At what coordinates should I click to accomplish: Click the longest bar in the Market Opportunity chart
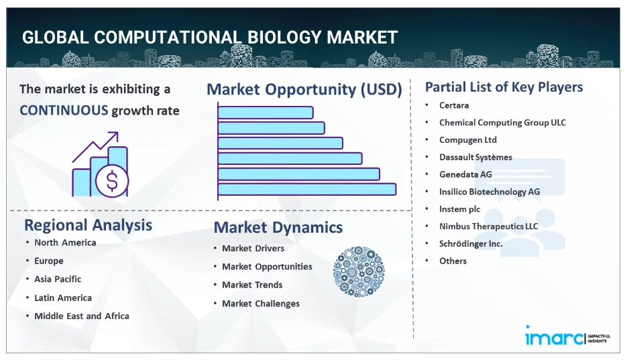coord(307,190)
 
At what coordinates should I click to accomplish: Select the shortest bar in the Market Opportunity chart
coord(266,113)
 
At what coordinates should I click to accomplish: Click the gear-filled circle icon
coord(359,272)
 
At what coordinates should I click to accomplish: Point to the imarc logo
coord(567,336)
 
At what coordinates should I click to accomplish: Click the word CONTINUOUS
coord(64,110)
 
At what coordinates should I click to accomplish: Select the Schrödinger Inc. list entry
coord(471,244)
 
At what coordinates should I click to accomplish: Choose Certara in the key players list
coord(454,105)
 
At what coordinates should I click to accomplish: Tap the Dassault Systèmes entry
coord(475,158)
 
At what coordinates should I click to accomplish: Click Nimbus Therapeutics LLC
coord(489,227)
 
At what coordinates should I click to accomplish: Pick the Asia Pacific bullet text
coord(58,280)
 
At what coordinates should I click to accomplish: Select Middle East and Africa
coord(82,316)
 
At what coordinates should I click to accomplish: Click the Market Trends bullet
coord(252,285)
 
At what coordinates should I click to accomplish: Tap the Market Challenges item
coord(261,304)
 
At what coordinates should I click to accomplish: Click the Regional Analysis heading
coord(88,225)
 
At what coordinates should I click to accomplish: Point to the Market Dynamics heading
coord(278,227)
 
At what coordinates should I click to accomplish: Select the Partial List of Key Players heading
coord(504,87)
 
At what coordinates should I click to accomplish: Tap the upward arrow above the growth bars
coord(95,147)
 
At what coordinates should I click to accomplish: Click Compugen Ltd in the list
coord(468,140)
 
